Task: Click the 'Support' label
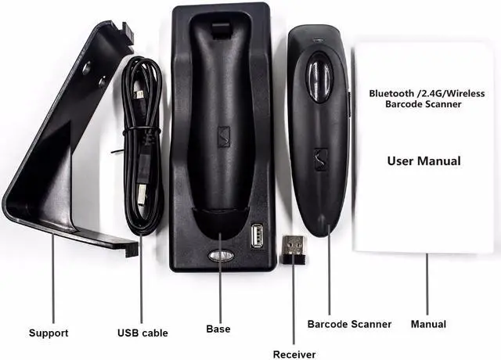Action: tap(49, 333)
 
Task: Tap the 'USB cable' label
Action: tap(142, 333)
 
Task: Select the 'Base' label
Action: tap(218, 329)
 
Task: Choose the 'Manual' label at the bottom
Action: tap(428, 323)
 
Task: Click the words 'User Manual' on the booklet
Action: tap(424, 161)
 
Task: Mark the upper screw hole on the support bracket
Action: tap(86, 69)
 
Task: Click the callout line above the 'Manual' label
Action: tap(427, 282)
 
